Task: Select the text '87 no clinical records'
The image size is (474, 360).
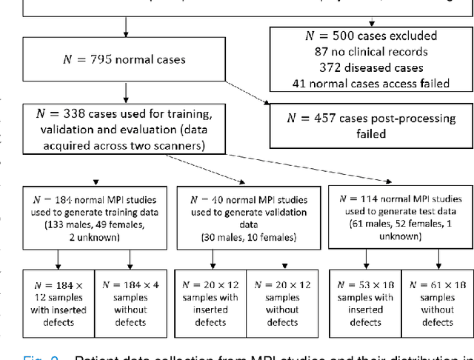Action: [370, 53]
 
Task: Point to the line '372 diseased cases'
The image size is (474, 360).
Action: [370, 68]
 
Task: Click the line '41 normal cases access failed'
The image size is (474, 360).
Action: [370, 84]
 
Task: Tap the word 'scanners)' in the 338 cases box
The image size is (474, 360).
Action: [179, 146]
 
